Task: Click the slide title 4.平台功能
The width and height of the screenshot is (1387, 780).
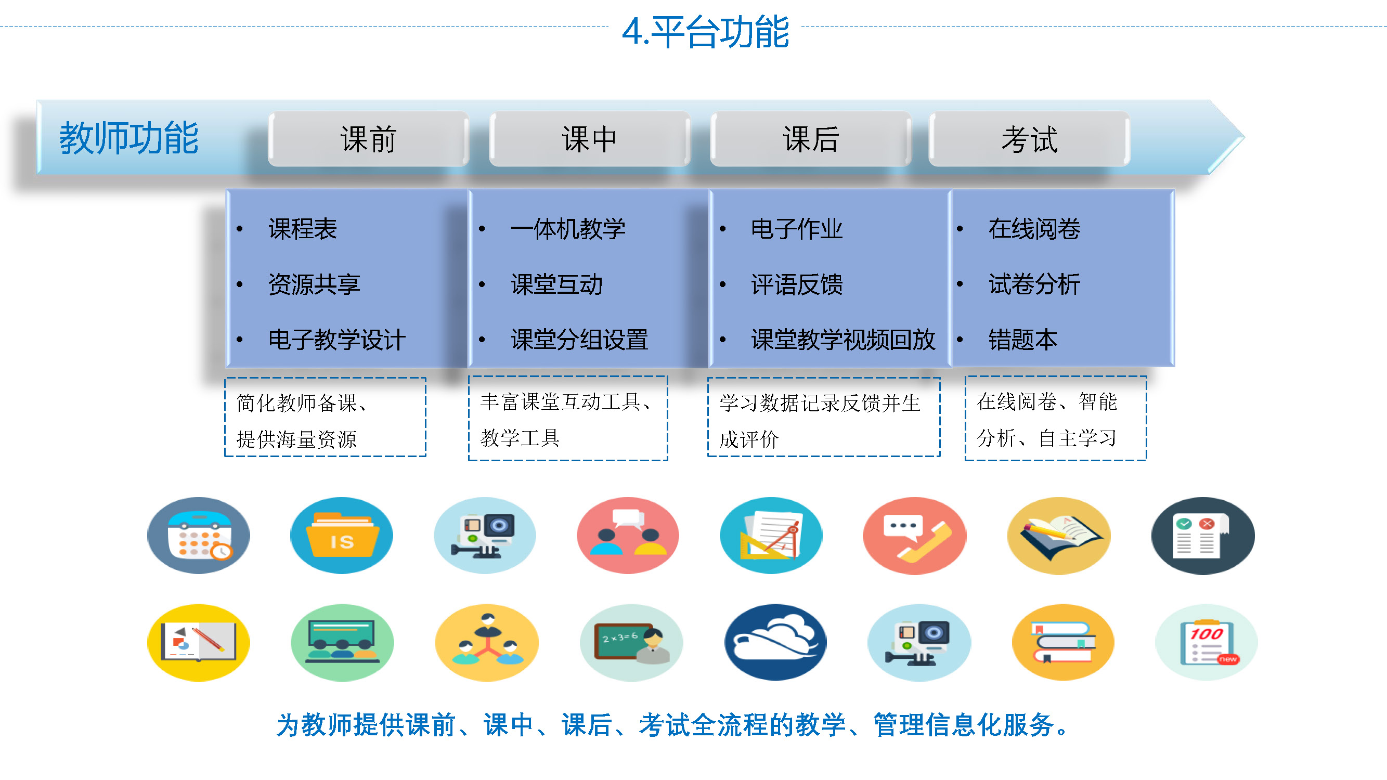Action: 705,32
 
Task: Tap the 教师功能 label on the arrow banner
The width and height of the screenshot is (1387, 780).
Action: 128,138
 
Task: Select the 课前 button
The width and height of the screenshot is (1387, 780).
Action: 368,139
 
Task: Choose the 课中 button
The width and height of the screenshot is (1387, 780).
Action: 590,139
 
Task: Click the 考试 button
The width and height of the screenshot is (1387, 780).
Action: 1030,139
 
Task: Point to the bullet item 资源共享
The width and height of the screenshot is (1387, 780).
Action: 315,284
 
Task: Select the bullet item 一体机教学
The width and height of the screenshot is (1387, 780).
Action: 568,229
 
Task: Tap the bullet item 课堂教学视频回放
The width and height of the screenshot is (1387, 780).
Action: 843,340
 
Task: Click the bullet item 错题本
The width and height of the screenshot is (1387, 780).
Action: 1023,340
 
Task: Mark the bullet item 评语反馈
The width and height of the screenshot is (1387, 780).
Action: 797,284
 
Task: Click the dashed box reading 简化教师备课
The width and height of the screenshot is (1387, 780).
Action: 325,417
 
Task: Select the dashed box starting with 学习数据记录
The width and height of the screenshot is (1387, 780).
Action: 824,417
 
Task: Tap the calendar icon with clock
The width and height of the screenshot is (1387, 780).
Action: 199,536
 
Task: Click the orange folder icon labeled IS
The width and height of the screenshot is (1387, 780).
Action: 342,536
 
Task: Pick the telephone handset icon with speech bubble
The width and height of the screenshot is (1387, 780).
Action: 915,536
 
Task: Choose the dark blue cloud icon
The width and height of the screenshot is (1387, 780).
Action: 775,642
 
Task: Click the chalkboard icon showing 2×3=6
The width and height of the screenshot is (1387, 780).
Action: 631,642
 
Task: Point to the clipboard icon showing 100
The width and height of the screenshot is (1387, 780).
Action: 1207,642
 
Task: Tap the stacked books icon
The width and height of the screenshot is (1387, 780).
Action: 1064,642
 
